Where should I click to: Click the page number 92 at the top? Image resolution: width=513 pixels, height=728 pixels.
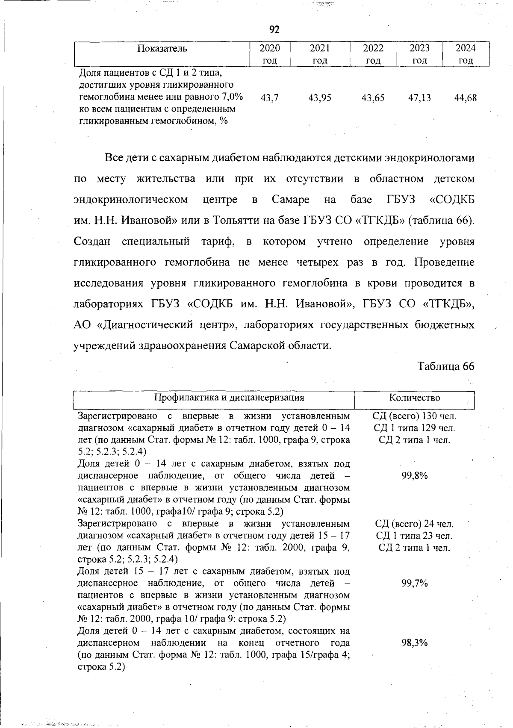[274, 29]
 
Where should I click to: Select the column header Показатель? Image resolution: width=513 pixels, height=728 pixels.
[162, 48]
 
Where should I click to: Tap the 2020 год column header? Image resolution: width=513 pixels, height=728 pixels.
[270, 54]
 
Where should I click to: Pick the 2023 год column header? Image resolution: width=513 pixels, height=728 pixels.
[419, 54]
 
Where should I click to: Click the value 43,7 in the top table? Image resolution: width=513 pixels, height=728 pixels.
[269, 98]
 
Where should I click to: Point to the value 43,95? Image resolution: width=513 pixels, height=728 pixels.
[320, 98]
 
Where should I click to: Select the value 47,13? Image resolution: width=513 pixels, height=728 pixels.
[419, 98]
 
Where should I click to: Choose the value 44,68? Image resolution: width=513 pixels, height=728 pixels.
[466, 98]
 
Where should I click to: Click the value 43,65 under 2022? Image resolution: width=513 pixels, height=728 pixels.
[373, 98]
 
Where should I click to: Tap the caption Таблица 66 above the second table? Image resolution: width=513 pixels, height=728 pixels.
[446, 366]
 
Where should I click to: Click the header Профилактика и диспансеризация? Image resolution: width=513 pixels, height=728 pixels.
[229, 398]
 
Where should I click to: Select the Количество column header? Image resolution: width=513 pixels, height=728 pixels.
[414, 398]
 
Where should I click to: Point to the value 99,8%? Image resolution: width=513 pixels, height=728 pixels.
[414, 476]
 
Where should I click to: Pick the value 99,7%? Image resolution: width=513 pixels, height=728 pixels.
[414, 584]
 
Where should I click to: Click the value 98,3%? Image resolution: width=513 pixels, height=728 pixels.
[414, 643]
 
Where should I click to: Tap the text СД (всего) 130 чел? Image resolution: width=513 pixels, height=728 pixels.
[414, 416]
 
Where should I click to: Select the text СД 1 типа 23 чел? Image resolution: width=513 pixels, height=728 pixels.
[414, 536]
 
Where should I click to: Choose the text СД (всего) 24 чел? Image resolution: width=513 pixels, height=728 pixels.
[414, 524]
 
